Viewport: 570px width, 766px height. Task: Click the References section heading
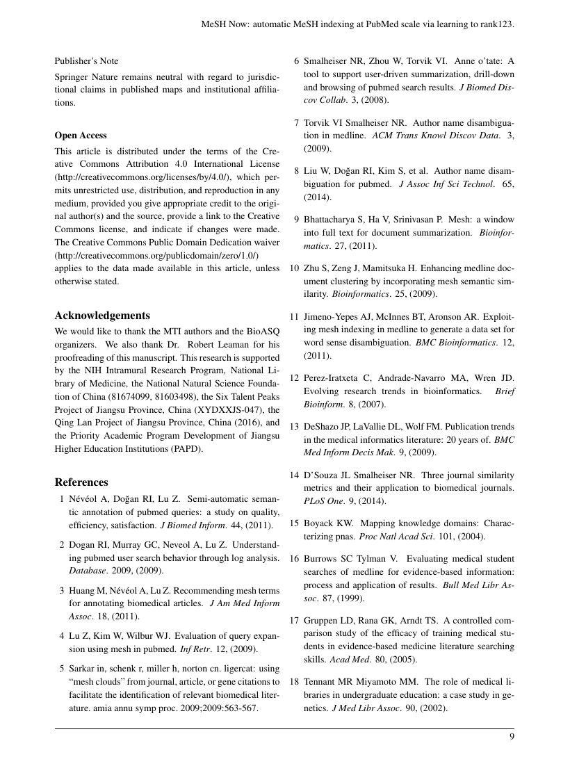(x=81, y=482)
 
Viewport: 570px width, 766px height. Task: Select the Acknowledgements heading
(x=102, y=315)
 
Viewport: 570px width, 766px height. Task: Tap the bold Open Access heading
(x=81, y=135)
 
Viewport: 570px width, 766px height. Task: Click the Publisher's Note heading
(x=86, y=60)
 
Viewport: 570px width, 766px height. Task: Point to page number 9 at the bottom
(x=512, y=738)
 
